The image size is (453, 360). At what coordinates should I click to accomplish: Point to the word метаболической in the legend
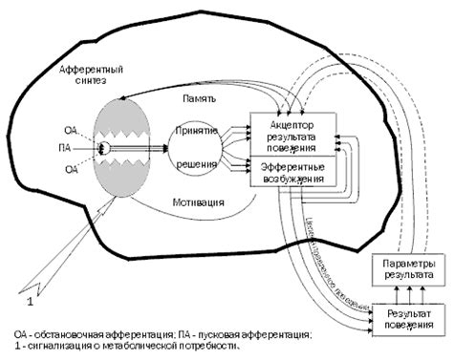pyautogui.click(x=139, y=346)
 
